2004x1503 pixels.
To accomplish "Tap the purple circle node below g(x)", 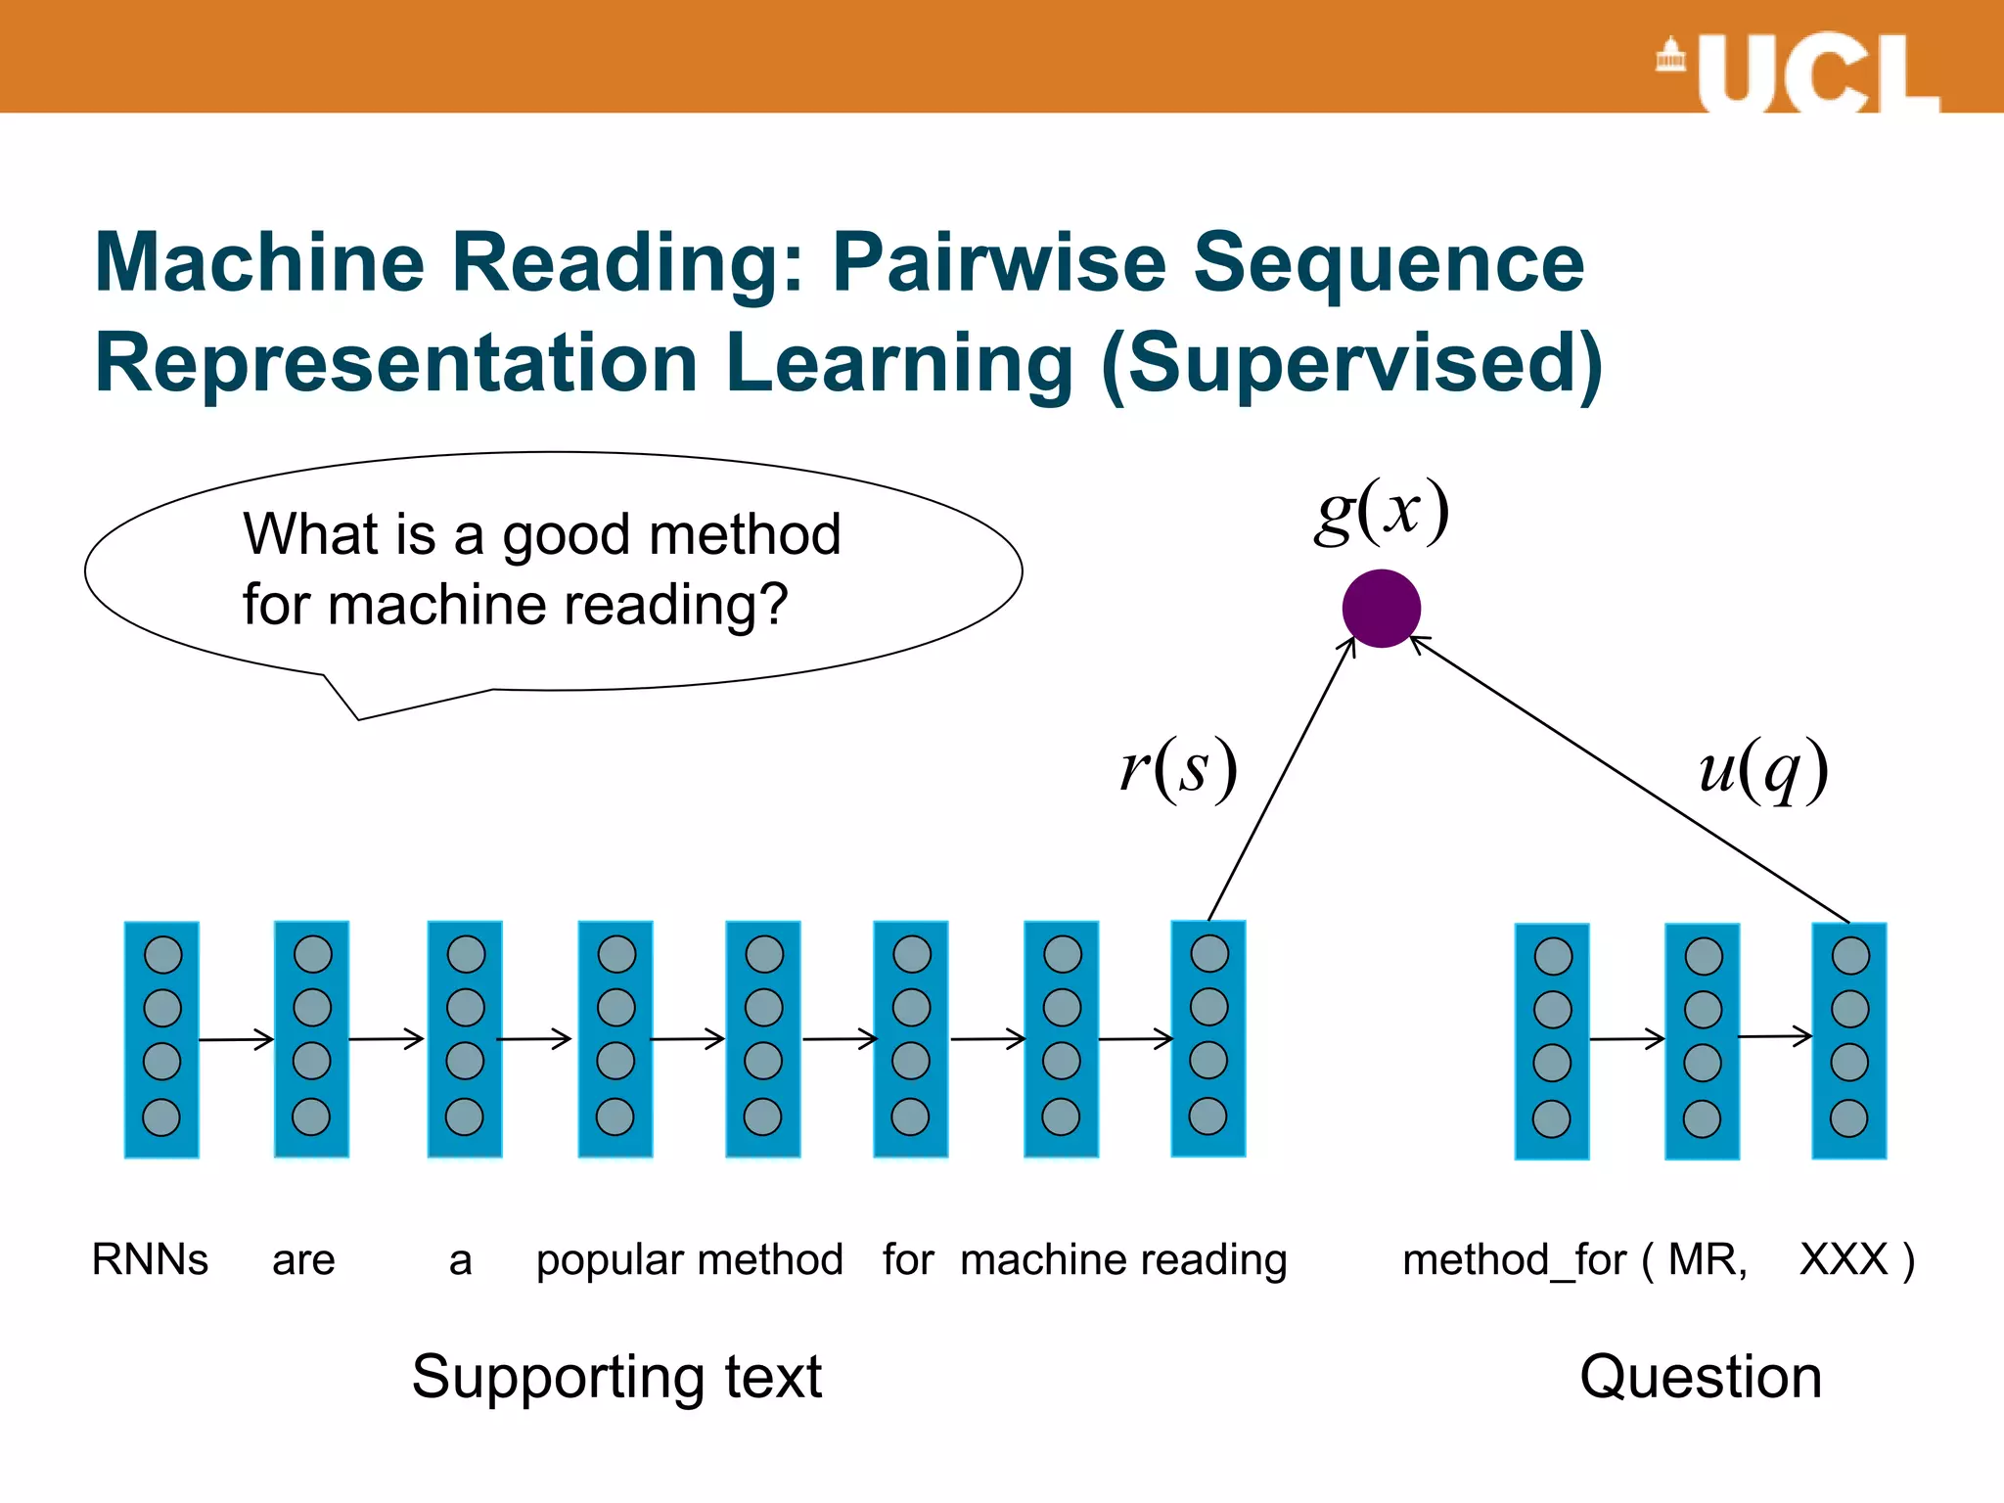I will (1381, 609).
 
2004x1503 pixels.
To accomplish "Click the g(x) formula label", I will (1381, 511).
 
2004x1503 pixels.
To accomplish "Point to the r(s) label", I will (1179, 768).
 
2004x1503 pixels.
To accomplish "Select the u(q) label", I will (1762, 770).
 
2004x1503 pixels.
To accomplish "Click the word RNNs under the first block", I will (150, 1259).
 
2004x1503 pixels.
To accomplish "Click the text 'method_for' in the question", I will (1514, 1260).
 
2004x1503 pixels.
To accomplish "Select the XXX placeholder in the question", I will (1844, 1259).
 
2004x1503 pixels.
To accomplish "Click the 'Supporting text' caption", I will (616, 1378).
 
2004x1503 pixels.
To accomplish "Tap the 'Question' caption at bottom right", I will (1700, 1377).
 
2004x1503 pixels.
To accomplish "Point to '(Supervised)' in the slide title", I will (1351, 364).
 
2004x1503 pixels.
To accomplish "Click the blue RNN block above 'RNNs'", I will (161, 1039).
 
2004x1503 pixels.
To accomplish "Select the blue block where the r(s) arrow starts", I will (1208, 1038).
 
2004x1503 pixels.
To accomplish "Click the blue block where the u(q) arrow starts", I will (1849, 1040).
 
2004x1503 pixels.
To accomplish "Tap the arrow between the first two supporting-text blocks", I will (236, 1039).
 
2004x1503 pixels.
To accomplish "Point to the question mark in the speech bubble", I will (773, 604).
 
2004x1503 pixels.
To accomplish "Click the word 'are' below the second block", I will (303, 1260).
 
